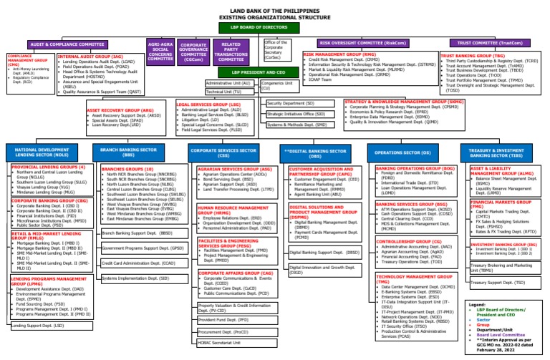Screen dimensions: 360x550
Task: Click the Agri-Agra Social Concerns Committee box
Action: coord(160,52)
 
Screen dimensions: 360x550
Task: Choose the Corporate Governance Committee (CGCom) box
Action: coord(194,52)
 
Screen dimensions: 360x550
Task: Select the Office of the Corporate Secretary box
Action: coord(279,52)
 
